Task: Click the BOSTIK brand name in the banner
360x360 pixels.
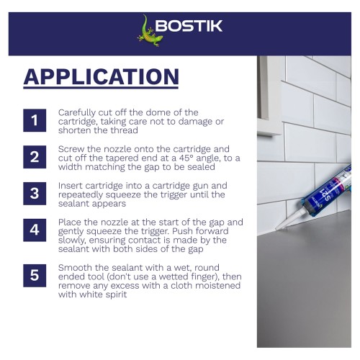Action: click(189, 26)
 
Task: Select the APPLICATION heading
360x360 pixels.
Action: click(101, 76)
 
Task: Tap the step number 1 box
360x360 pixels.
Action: click(35, 120)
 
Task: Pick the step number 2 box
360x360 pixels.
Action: click(35, 157)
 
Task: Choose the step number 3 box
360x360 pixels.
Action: click(35, 194)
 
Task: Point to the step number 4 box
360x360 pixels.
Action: click(35, 230)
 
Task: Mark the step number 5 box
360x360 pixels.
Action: click(35, 276)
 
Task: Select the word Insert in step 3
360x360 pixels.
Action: click(71, 186)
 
